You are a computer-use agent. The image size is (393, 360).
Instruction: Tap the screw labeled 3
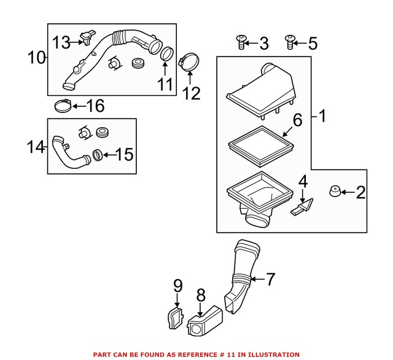[x=240, y=42]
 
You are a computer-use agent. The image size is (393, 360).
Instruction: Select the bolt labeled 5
[x=289, y=42]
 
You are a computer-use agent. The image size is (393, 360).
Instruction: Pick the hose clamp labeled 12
[x=188, y=61]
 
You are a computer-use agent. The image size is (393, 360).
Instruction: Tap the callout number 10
[x=36, y=58]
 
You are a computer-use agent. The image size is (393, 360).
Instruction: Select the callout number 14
[x=36, y=147]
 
